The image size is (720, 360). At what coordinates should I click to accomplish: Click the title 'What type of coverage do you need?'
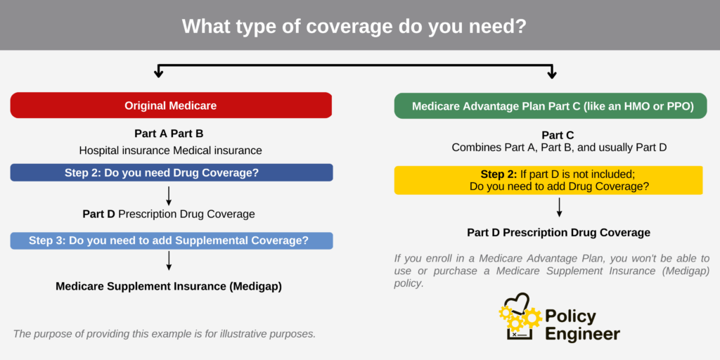coord(359,26)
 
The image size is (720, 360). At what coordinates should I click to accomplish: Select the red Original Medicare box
coord(171,105)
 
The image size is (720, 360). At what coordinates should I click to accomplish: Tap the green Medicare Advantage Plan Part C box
coord(550,106)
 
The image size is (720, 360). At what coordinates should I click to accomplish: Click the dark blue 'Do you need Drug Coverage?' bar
coord(171,172)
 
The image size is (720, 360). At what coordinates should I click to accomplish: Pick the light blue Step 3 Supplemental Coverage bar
coord(171,240)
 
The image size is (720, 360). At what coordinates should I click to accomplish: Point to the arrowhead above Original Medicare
coord(160,72)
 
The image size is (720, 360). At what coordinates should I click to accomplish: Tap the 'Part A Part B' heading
coord(169,134)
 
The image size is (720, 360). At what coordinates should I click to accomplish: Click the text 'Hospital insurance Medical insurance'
coord(170,150)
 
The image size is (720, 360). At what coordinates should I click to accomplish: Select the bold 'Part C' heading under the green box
coord(558,135)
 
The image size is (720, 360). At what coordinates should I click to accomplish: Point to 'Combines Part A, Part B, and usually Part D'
coord(558,148)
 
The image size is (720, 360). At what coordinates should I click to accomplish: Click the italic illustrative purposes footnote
coord(164,333)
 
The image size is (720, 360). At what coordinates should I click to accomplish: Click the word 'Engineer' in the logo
coord(583,334)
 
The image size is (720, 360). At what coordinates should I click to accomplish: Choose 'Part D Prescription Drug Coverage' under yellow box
coord(558,233)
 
